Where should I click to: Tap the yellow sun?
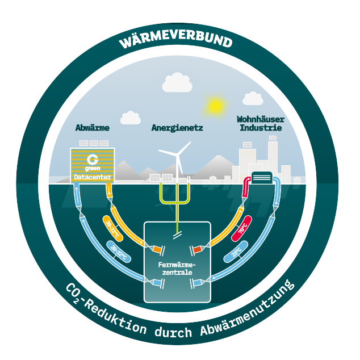point(215,105)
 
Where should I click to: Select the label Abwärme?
point(93,128)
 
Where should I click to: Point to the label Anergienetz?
point(177,128)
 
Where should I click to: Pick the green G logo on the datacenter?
point(93,158)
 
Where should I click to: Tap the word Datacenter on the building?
point(93,177)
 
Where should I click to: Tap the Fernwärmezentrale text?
point(177,269)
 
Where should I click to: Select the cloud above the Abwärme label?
point(131,118)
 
